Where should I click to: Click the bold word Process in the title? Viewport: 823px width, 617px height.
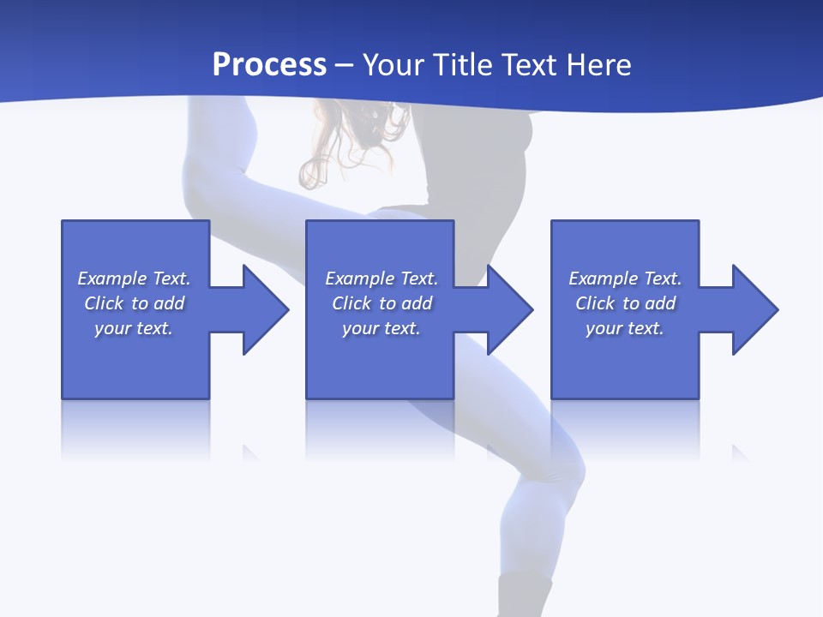tap(269, 65)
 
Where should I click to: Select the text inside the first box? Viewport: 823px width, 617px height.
tap(134, 303)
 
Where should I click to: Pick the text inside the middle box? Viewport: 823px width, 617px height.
tap(381, 303)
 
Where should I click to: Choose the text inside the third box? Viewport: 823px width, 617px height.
tap(625, 303)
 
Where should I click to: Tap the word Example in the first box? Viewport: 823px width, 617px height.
tap(111, 279)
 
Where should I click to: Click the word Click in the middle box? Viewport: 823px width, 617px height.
tap(351, 303)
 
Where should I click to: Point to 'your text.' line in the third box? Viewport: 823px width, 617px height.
tap(625, 328)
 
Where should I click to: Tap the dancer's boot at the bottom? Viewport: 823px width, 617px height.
tap(525, 596)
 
